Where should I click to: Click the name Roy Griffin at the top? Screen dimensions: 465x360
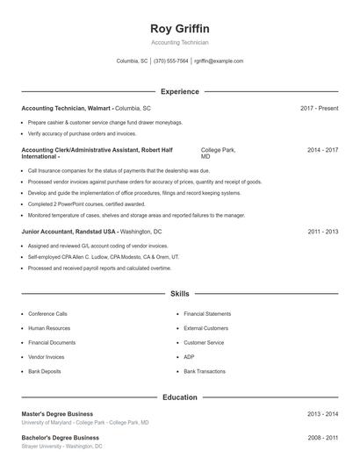[179, 29]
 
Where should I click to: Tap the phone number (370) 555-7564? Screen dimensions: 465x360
[171, 61]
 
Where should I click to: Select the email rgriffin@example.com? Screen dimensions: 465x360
[219, 61]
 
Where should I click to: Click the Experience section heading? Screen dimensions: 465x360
[179, 91]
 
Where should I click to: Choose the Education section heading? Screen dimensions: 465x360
[179, 397]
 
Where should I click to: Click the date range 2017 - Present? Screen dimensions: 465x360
[319, 108]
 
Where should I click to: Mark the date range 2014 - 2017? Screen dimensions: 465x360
[322, 150]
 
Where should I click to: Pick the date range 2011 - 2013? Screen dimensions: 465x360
[322, 232]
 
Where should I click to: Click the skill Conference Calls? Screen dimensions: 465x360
[47, 313]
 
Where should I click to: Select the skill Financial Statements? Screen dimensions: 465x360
[207, 313]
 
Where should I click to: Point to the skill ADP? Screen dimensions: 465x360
[189, 357]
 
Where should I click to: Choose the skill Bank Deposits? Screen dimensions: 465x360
[45, 372]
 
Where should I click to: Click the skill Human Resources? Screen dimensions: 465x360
[48, 328]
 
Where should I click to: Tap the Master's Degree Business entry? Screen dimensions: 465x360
[57, 413]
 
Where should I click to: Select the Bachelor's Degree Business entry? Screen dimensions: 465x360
[60, 437]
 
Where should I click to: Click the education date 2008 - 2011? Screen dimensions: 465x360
[322, 437]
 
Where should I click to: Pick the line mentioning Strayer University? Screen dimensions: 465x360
[61, 447]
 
